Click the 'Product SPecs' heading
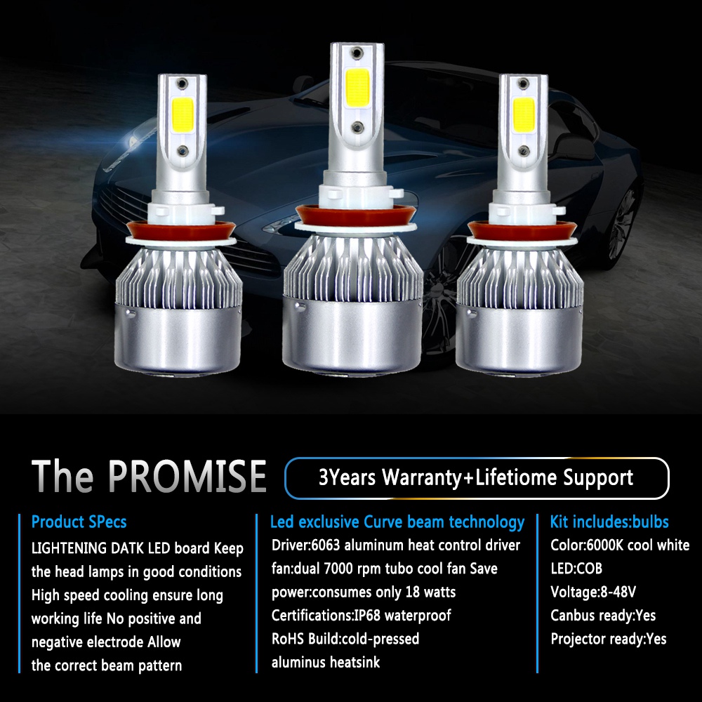coord(79,522)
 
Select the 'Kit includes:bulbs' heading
coord(609,522)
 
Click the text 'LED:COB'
coord(576,569)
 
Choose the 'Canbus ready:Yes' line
coord(603,616)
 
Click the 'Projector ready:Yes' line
coord(609,639)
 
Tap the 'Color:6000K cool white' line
coord(620,545)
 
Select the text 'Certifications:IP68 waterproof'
coord(361,616)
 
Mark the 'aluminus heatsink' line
coord(326,662)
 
